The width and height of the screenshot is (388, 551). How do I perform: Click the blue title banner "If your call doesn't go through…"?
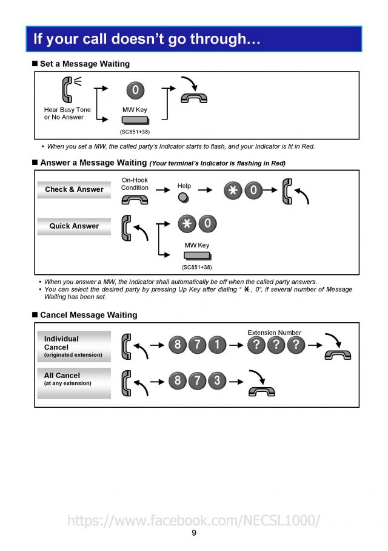(x=193, y=39)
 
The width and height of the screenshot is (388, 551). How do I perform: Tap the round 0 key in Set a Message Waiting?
(x=135, y=90)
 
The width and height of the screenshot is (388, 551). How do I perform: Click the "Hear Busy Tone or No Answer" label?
(x=67, y=113)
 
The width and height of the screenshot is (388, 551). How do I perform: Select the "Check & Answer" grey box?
(x=74, y=189)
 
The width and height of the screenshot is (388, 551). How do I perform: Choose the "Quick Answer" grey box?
(x=74, y=226)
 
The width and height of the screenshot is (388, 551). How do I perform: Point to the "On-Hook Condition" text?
(x=135, y=184)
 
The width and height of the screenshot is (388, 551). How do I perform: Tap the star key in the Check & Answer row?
(x=232, y=191)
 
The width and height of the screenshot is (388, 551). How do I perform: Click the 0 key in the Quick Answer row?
(x=207, y=224)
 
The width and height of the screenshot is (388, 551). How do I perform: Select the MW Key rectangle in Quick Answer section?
(x=197, y=255)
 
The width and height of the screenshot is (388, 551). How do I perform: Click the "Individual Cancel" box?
(x=74, y=346)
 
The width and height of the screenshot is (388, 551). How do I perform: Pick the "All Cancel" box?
(x=74, y=382)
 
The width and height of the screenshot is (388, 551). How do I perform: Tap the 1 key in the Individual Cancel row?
(x=217, y=345)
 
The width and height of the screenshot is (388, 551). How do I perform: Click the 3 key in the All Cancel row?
(x=217, y=381)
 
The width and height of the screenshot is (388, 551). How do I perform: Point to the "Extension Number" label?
(x=274, y=333)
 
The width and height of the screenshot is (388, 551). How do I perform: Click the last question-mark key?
(x=295, y=345)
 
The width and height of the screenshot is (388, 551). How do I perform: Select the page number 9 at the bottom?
(x=194, y=533)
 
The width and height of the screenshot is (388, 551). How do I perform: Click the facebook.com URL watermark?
(x=193, y=520)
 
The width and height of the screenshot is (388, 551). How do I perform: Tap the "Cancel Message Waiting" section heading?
(x=89, y=315)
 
